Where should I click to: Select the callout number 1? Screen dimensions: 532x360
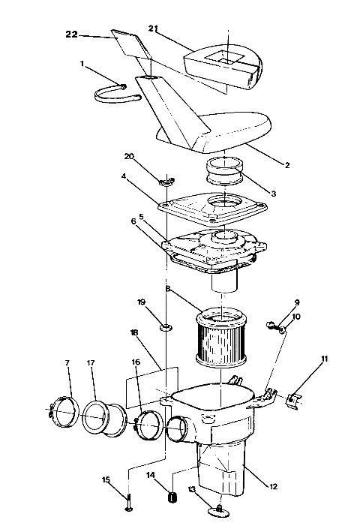82,65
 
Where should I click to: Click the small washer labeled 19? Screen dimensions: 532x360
164,327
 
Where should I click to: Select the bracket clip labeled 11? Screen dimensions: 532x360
295,398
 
